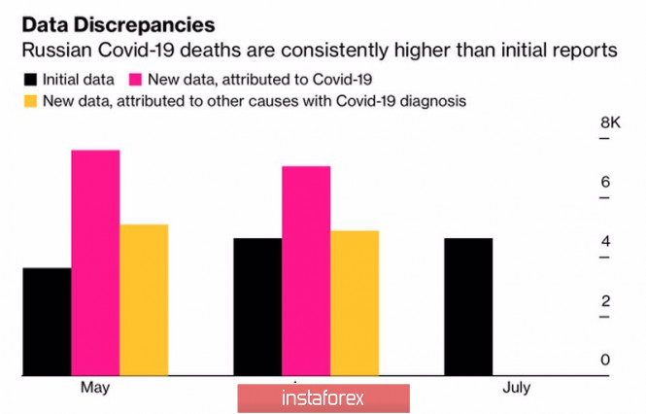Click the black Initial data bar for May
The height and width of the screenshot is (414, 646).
click(47, 322)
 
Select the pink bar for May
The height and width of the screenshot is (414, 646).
click(95, 262)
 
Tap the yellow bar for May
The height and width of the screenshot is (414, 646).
click(144, 299)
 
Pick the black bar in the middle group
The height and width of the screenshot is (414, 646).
click(258, 306)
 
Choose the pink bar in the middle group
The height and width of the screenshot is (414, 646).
click(306, 270)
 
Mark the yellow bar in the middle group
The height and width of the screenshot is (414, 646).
click(355, 302)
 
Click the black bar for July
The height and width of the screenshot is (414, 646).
click(468, 306)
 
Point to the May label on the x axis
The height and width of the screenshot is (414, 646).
click(94, 389)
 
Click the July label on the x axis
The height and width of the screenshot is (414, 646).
click(518, 389)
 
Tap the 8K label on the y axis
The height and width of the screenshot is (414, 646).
click(610, 123)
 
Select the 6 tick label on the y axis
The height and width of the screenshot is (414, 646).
click(604, 183)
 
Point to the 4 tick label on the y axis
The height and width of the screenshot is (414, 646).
click(604, 242)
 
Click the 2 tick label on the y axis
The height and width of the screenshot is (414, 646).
click(604, 301)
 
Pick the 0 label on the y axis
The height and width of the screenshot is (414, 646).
click(604, 361)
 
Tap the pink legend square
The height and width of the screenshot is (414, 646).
click(134, 78)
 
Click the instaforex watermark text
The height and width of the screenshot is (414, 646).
click(323, 398)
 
